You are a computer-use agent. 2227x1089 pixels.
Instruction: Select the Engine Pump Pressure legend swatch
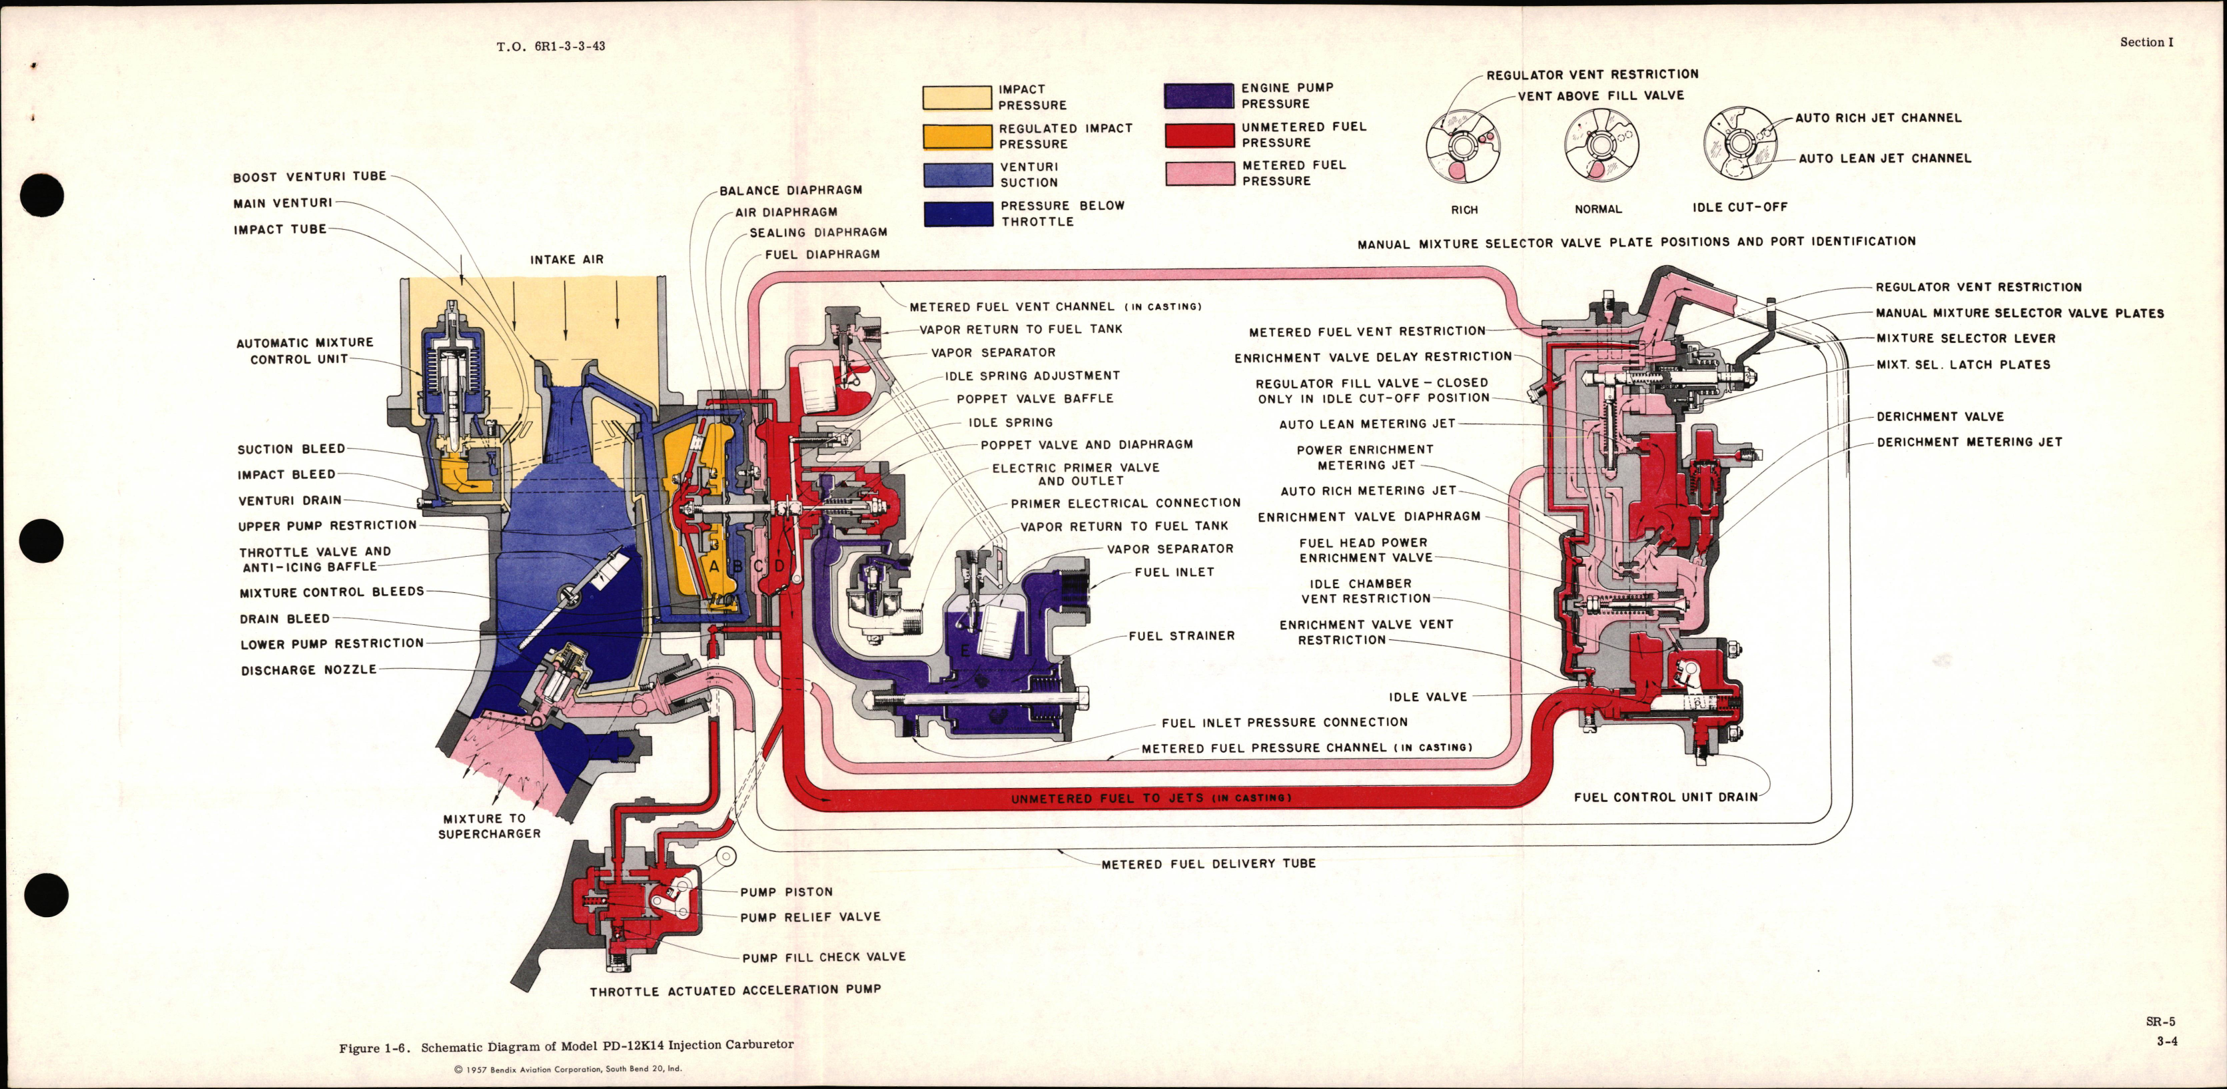(x=1198, y=96)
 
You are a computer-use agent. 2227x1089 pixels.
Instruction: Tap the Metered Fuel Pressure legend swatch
(x=1199, y=173)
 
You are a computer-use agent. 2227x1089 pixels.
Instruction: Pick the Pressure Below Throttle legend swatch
(x=958, y=214)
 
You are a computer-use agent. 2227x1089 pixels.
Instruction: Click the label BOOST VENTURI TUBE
(x=310, y=177)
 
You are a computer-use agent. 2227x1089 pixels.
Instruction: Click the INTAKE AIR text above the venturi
(x=566, y=259)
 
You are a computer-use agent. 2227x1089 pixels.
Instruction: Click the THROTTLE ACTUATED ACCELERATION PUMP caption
(x=735, y=990)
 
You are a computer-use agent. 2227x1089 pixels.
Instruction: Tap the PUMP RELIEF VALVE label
(x=810, y=917)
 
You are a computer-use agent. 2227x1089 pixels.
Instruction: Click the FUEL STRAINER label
(x=1181, y=636)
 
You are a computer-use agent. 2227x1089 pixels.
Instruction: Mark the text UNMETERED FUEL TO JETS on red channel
(x=1150, y=799)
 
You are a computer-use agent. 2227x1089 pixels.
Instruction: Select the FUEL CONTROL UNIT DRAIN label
(x=1665, y=797)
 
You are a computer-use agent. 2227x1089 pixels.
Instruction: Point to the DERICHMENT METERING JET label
(x=1969, y=442)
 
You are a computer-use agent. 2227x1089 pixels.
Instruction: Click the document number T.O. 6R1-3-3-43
(x=551, y=46)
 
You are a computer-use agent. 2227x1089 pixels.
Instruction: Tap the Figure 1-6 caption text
(x=566, y=1046)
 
